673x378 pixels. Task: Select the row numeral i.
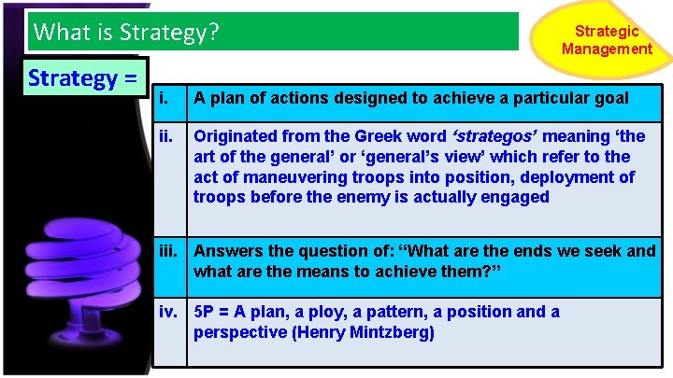pos(164,98)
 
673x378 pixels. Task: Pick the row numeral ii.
pos(165,137)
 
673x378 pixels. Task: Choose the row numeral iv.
pos(169,311)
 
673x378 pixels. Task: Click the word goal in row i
pos(609,98)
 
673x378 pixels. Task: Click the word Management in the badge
pos(608,49)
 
